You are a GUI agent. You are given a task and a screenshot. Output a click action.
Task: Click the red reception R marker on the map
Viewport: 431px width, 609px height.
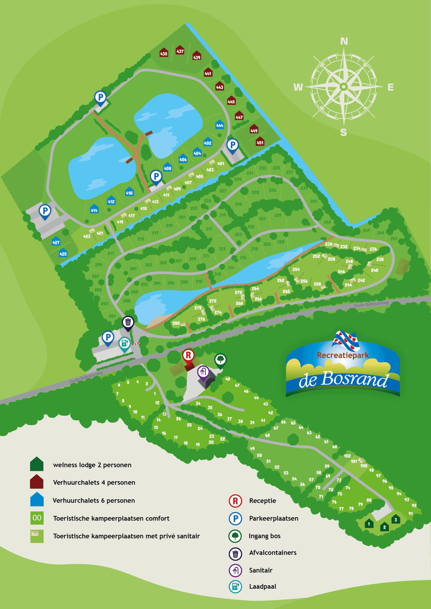188,355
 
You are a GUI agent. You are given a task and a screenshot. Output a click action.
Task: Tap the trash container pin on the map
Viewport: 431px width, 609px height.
128,322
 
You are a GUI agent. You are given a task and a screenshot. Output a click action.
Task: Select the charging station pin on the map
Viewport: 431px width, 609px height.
124,343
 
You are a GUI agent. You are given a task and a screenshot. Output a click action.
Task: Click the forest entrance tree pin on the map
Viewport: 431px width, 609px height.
220,360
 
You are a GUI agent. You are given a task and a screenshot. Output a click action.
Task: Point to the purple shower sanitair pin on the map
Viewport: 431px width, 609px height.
203,372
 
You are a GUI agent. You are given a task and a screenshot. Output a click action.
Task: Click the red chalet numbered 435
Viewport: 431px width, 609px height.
164,53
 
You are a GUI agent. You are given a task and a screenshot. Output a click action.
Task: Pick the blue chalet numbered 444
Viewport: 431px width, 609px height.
219,125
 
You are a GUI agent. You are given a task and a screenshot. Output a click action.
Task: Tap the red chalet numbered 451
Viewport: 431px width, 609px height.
260,142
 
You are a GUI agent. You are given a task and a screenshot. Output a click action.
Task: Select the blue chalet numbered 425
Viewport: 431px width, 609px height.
63,253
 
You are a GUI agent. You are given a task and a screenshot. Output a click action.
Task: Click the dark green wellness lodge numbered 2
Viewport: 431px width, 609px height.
384,527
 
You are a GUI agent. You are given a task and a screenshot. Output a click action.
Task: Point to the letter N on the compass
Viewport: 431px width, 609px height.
344,41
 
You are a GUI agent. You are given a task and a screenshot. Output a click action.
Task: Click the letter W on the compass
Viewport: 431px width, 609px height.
298,87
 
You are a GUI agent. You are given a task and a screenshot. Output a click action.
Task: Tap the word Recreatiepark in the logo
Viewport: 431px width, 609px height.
343,355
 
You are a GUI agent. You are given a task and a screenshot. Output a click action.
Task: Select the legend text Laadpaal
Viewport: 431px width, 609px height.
263,586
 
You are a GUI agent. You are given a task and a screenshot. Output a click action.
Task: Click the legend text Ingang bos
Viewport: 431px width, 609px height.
264,536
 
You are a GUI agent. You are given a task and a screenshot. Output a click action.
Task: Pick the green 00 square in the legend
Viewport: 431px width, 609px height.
37,518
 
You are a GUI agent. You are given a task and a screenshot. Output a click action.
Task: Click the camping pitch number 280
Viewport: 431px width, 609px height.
176,323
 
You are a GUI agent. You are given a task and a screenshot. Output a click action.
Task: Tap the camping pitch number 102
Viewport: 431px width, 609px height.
347,456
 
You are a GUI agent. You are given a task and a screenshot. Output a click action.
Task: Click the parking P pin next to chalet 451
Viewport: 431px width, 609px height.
233,145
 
